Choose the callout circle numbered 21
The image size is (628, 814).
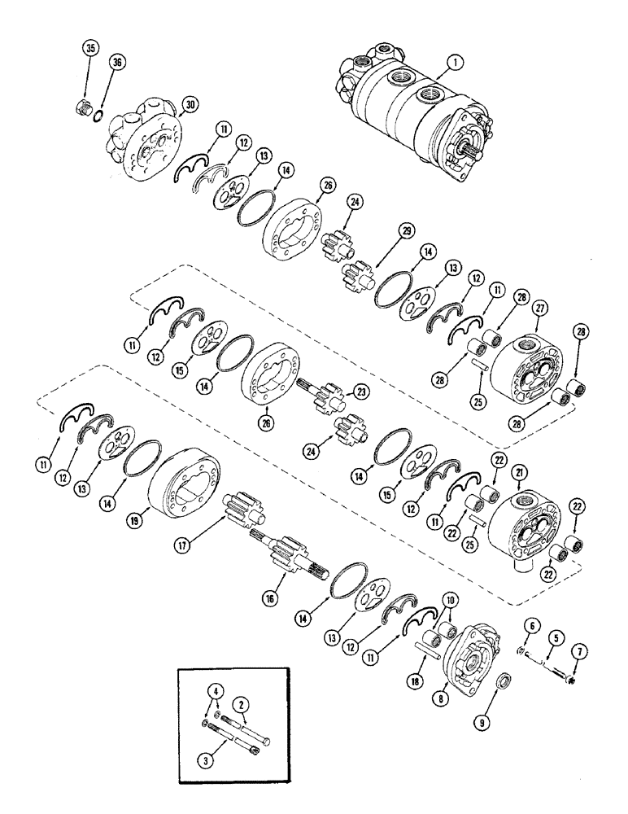[519, 472]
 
